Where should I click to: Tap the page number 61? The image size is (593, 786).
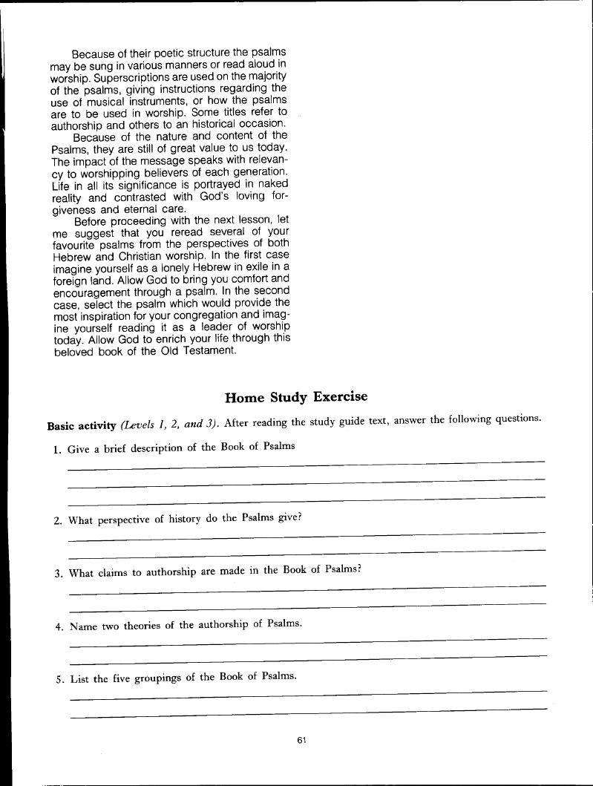click(x=301, y=739)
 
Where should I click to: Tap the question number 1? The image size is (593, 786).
click(x=58, y=448)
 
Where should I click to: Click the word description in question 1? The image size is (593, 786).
click(x=150, y=448)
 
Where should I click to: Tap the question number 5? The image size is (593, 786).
click(x=59, y=678)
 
